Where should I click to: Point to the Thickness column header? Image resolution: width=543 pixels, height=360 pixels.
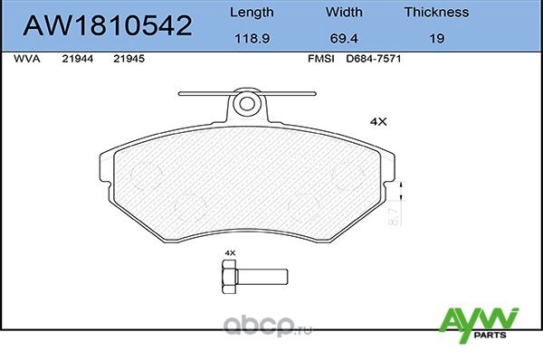coord(435,13)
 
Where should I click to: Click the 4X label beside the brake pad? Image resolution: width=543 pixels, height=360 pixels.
coord(379,120)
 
